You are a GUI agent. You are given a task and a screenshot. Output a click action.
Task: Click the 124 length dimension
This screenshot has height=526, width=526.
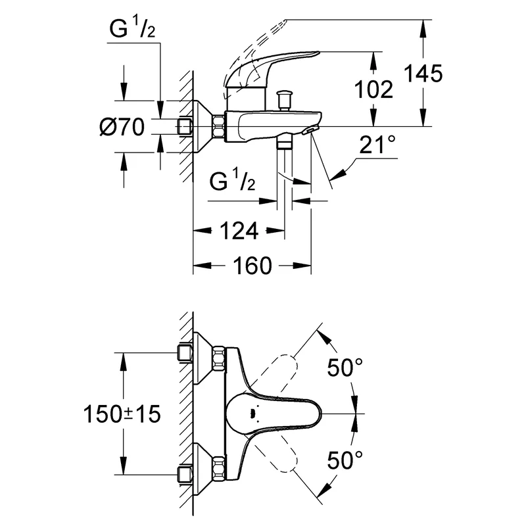point(238,231)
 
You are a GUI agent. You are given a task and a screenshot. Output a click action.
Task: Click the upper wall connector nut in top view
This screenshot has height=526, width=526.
point(218,359)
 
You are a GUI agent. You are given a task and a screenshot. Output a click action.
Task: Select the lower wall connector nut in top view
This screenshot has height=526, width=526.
point(218,468)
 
